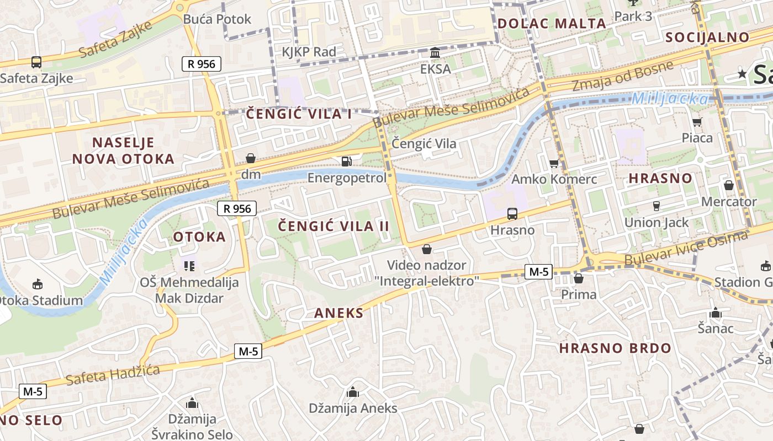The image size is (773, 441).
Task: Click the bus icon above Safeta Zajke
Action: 36,62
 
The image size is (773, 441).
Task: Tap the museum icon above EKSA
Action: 435,53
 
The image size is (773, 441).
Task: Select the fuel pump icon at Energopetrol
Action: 346,162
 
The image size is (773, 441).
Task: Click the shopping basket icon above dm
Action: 251,159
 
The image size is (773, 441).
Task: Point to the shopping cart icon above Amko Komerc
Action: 554,163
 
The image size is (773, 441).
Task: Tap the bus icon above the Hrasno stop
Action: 512,214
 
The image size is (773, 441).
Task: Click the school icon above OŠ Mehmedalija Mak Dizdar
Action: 189,266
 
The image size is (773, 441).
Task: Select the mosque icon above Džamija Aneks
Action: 352,392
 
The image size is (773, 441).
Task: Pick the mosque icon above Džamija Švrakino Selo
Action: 192,403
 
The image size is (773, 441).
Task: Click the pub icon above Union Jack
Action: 656,206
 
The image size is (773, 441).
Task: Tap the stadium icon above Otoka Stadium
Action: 37,284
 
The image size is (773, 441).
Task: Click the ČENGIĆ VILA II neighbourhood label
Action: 333,226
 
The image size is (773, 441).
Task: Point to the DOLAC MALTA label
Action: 552,24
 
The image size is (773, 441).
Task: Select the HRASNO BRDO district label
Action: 615,348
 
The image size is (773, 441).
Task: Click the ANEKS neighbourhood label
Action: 338,314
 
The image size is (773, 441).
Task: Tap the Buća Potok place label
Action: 217,19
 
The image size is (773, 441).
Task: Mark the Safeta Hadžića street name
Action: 113,375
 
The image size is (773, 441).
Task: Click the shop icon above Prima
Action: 578,279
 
